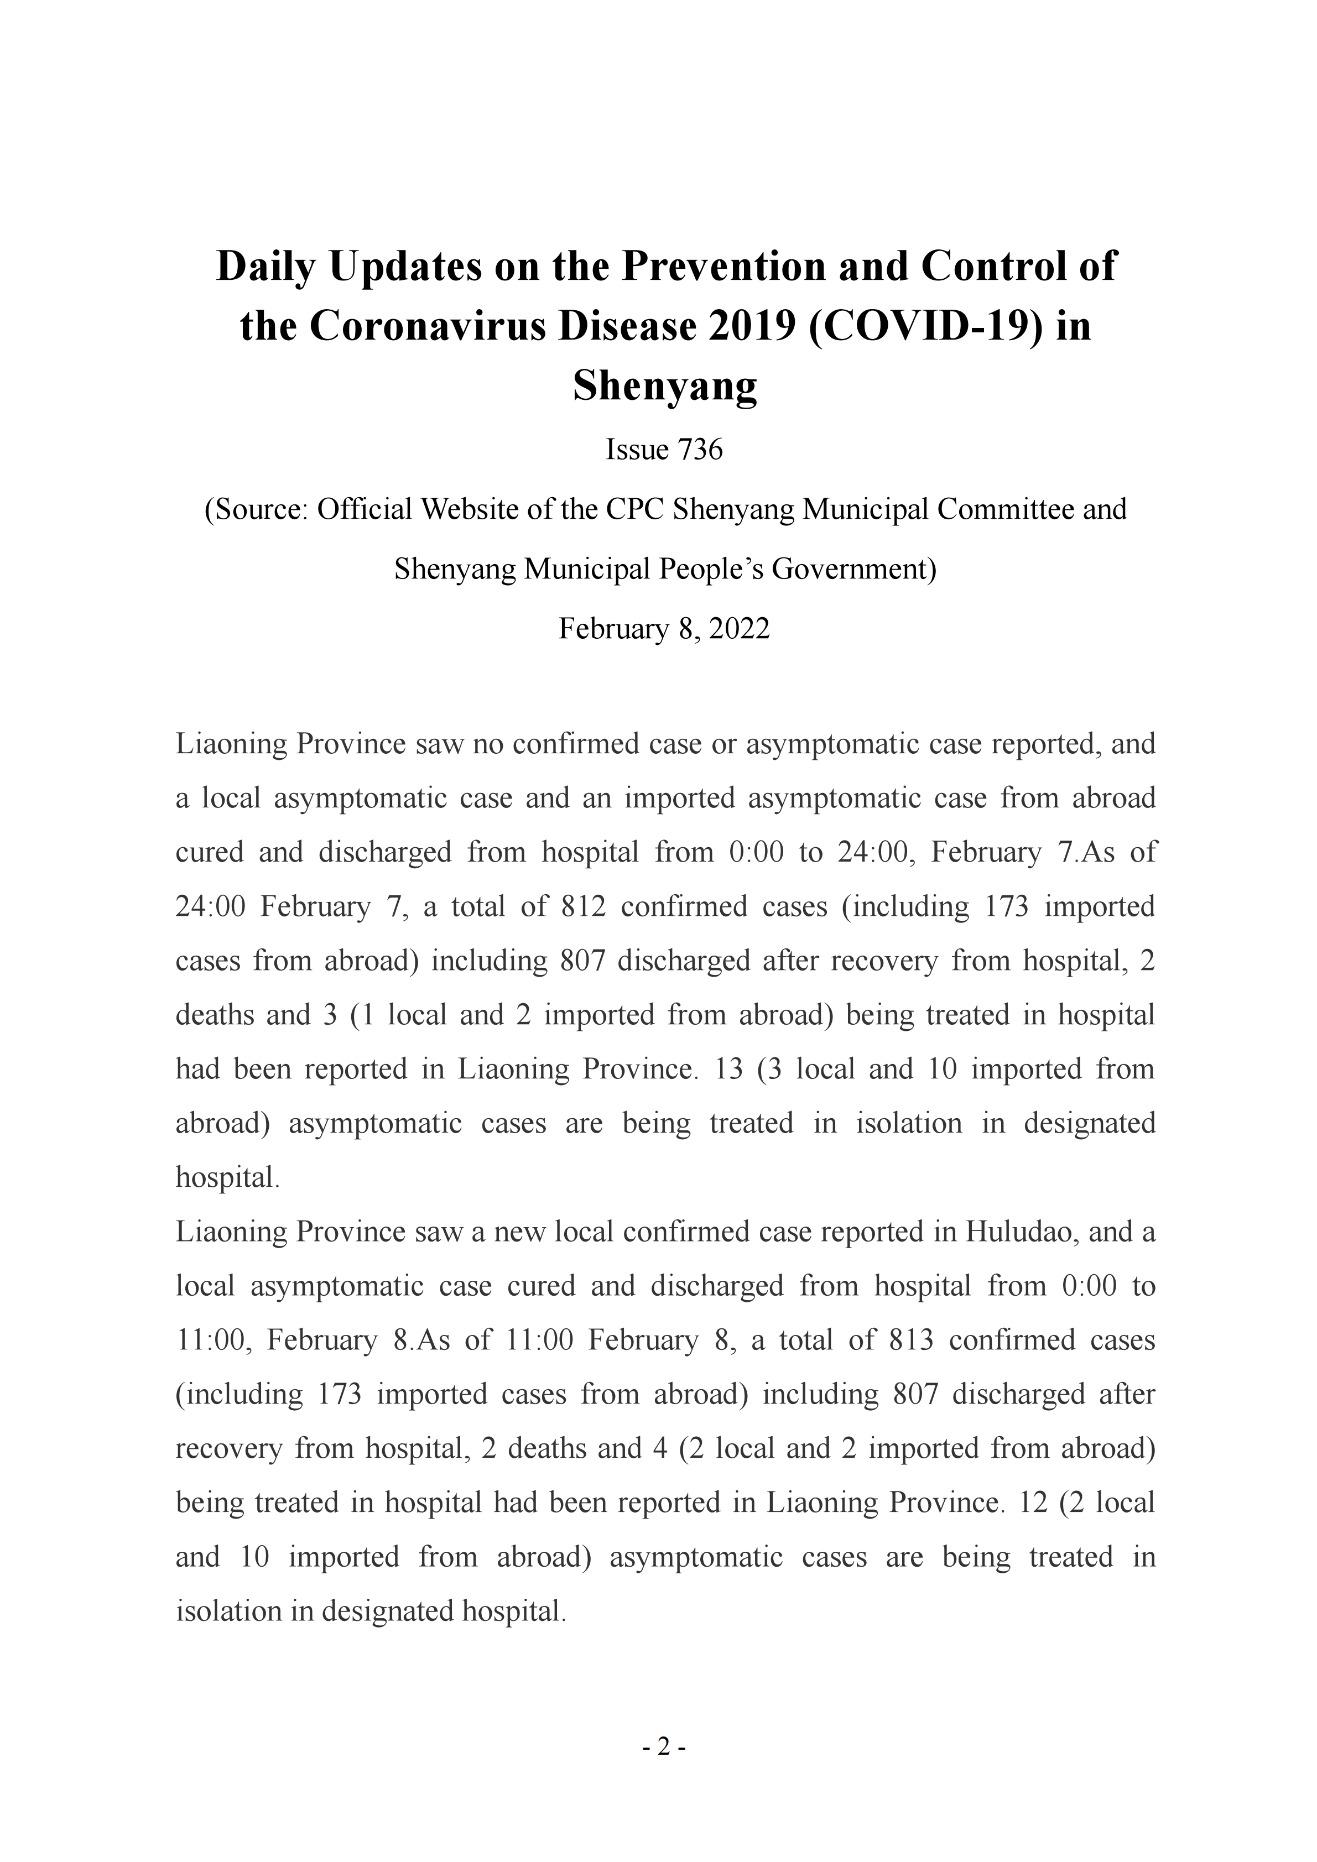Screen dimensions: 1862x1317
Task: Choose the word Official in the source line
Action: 362,509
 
